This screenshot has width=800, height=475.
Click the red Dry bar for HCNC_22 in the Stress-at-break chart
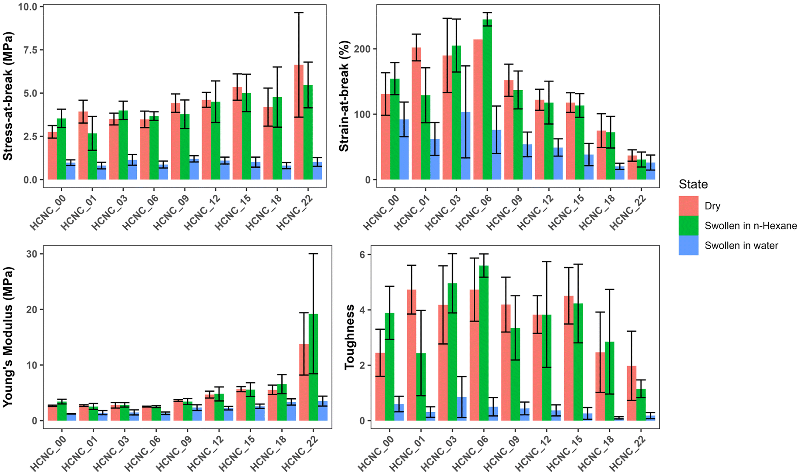click(299, 131)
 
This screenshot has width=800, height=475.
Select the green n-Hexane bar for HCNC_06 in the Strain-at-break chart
click(487, 100)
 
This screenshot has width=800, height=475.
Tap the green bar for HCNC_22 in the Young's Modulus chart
click(313, 370)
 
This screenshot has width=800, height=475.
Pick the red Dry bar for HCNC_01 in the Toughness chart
click(411, 357)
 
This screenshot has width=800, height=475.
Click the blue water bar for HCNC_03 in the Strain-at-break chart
click(466, 148)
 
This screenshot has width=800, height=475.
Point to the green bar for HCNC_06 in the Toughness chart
click(483, 344)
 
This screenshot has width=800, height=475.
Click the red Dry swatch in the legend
click(689, 206)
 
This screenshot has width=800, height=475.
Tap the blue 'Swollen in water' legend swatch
click(689, 245)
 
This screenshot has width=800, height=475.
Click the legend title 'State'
click(693, 184)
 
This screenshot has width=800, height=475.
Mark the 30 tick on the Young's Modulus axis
click(31, 254)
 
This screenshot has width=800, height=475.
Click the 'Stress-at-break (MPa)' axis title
click(8, 96)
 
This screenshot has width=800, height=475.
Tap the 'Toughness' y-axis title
click(350, 337)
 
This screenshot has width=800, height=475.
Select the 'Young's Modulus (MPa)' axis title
click(8, 337)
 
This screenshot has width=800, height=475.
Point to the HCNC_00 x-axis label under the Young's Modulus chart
click(48, 453)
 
